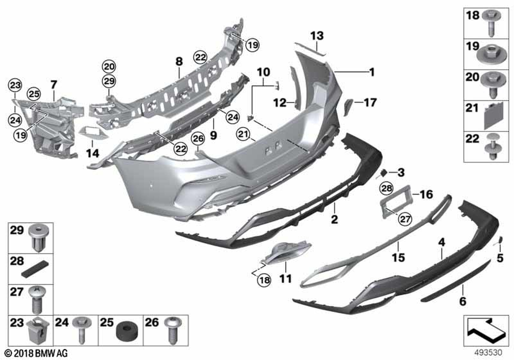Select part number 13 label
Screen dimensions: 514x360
317,35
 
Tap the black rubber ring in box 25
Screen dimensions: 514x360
124,333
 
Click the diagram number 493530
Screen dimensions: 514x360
488,353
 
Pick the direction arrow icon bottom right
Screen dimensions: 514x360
486,332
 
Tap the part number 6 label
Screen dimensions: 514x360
463,301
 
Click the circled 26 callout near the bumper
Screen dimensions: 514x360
198,139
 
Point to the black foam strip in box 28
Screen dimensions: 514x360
34,268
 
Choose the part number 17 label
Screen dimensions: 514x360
370,102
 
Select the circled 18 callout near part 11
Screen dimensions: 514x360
264,280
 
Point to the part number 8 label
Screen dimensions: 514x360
179,61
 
